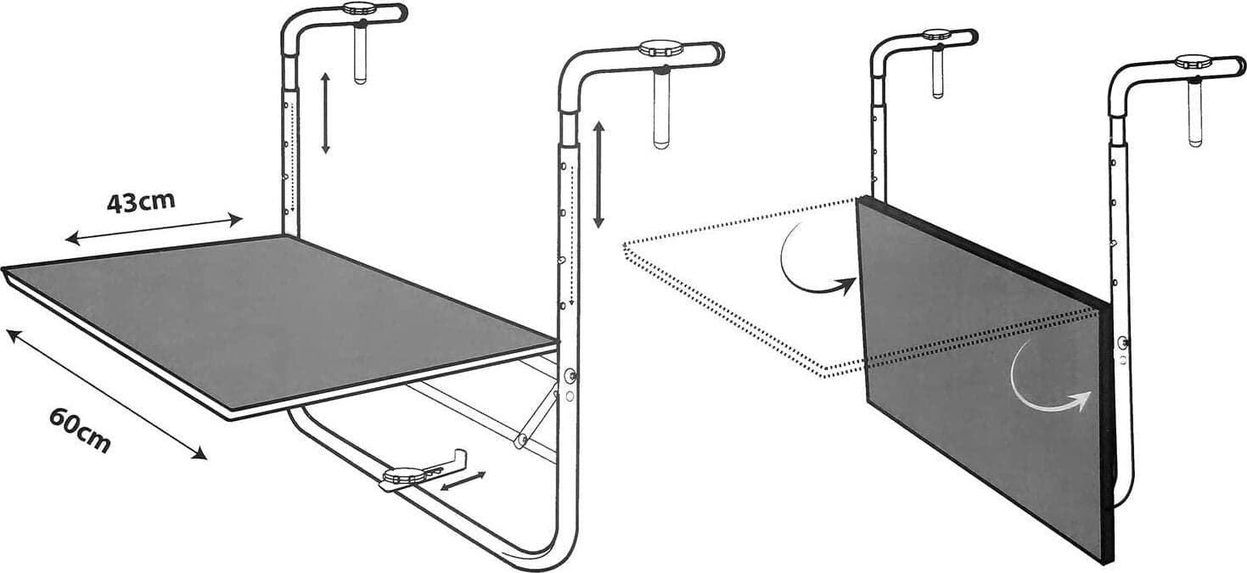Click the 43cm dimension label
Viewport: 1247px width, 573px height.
[x=141, y=202]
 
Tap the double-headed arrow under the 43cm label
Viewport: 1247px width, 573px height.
[x=154, y=229]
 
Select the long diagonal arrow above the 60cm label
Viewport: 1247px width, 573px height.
[x=106, y=394]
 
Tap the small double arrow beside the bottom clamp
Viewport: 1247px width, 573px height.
[x=463, y=481]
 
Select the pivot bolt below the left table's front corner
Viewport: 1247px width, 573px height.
[x=570, y=376]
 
